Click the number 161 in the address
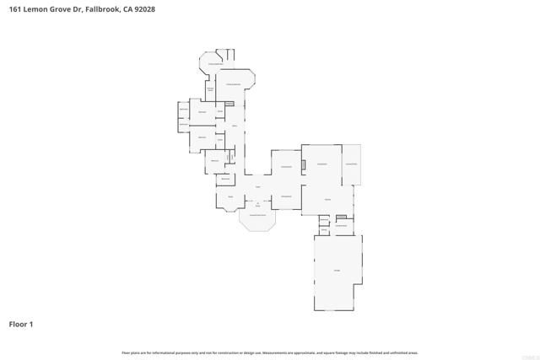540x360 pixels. tap(15, 9)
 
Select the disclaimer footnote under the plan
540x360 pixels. tap(270, 352)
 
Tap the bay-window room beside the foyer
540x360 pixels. tap(229, 198)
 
